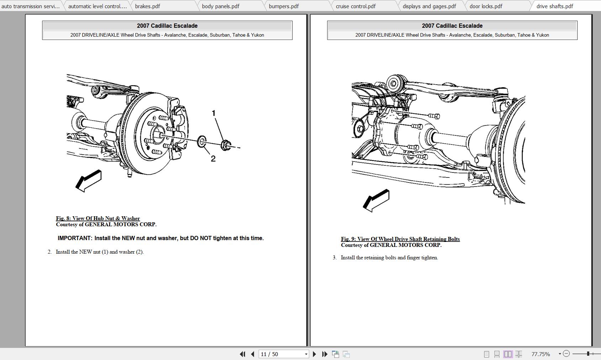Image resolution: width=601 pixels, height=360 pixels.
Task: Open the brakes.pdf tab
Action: [x=147, y=6]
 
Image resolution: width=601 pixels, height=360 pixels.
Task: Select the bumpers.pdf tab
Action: [x=284, y=6]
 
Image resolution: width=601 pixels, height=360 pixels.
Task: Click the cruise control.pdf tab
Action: [x=355, y=6]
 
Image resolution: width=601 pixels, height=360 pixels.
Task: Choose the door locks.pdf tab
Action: [x=486, y=6]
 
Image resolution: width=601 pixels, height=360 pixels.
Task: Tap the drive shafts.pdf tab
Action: [x=554, y=6]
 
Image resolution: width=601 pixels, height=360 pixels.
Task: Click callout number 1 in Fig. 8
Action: [x=213, y=113]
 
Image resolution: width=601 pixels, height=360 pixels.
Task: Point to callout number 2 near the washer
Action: [x=213, y=159]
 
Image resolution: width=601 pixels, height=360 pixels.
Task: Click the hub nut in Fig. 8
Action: [x=225, y=145]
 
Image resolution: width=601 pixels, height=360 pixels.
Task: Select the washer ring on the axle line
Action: [x=201, y=141]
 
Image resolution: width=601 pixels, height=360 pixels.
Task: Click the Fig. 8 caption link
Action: [x=97, y=218]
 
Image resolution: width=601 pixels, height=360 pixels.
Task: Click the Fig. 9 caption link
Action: [x=400, y=239]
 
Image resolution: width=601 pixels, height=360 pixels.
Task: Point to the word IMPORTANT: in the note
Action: [x=75, y=238]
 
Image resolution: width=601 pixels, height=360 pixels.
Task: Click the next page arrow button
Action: [x=314, y=354]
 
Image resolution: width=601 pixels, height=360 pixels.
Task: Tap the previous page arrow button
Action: [x=253, y=354]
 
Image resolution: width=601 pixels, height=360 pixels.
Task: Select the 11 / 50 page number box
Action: [x=281, y=354]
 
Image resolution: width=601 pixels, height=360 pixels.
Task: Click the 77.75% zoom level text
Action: [x=540, y=354]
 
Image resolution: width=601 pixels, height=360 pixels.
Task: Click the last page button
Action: [x=325, y=354]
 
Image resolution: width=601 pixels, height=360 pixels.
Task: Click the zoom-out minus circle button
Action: [x=566, y=354]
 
